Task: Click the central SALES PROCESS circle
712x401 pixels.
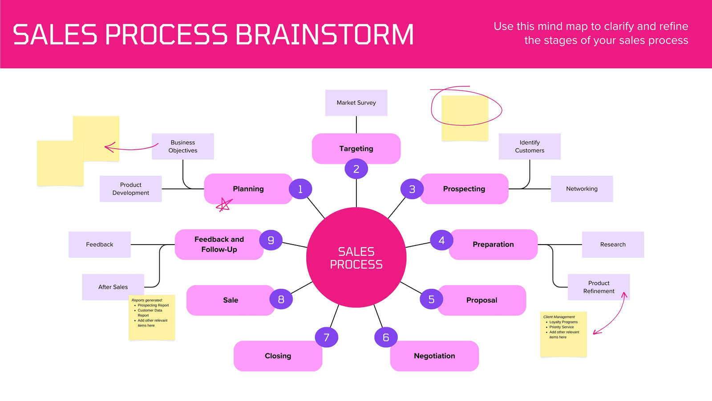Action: tap(356, 258)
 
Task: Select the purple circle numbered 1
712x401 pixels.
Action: tap(300, 189)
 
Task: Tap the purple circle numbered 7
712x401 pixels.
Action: tap(327, 337)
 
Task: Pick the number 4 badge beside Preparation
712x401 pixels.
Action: tap(441, 240)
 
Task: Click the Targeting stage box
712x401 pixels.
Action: tap(356, 149)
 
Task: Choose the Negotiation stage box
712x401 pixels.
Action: tap(434, 356)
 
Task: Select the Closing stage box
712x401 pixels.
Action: tap(278, 356)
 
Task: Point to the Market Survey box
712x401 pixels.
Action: tap(356, 103)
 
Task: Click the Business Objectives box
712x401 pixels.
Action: tap(183, 147)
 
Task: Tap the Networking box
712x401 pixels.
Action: tap(582, 189)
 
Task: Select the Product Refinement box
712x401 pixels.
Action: tap(599, 287)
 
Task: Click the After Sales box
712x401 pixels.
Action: tap(113, 287)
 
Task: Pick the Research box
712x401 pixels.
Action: tap(613, 245)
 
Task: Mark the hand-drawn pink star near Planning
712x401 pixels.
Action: tap(224, 205)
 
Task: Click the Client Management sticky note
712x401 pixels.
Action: tap(563, 334)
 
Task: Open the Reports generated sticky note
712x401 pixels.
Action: tap(152, 318)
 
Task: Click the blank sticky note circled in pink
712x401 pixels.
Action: tap(465, 118)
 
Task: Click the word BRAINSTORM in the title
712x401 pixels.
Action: tap(324, 34)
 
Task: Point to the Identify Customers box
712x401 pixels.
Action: tap(530, 147)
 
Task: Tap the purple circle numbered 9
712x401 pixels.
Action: tap(271, 240)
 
